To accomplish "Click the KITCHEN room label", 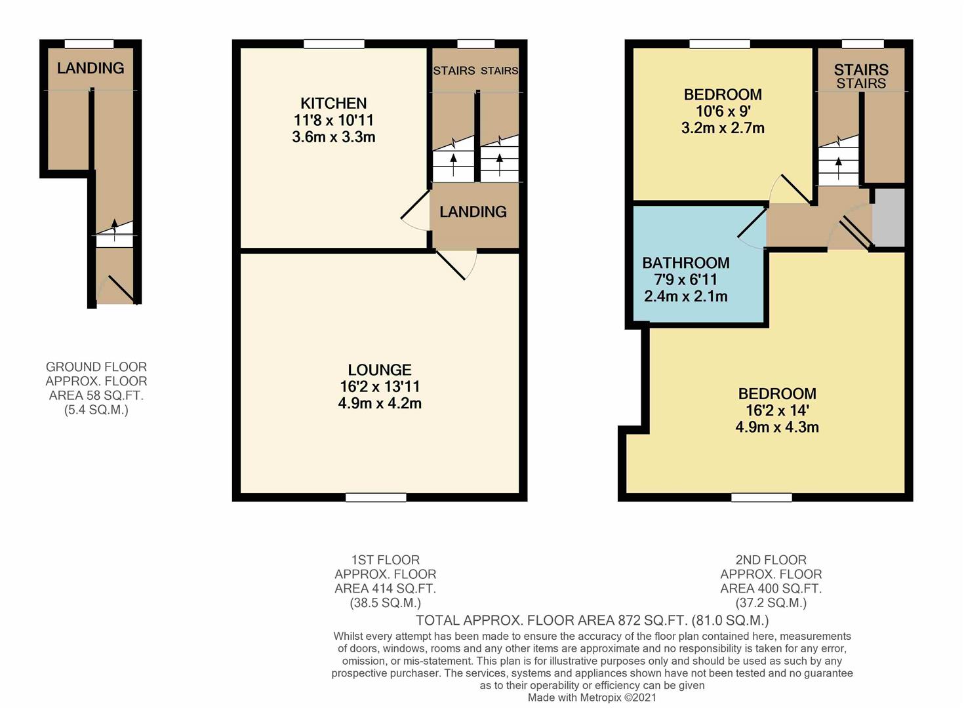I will click(x=333, y=103).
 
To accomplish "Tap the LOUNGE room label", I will click(x=379, y=370).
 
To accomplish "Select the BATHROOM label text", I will click(x=685, y=263).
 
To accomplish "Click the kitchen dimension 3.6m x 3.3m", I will click(x=333, y=137).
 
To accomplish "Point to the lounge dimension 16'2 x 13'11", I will click(x=379, y=387).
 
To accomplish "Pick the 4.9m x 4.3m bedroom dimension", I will click(x=776, y=427).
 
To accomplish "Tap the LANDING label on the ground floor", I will click(x=90, y=68).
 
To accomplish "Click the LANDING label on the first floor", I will click(x=473, y=212).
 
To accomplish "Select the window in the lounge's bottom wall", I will click(x=376, y=498).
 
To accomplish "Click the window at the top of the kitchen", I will click(x=334, y=44).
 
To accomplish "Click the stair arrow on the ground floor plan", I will click(x=115, y=226).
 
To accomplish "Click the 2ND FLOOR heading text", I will click(x=771, y=560).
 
